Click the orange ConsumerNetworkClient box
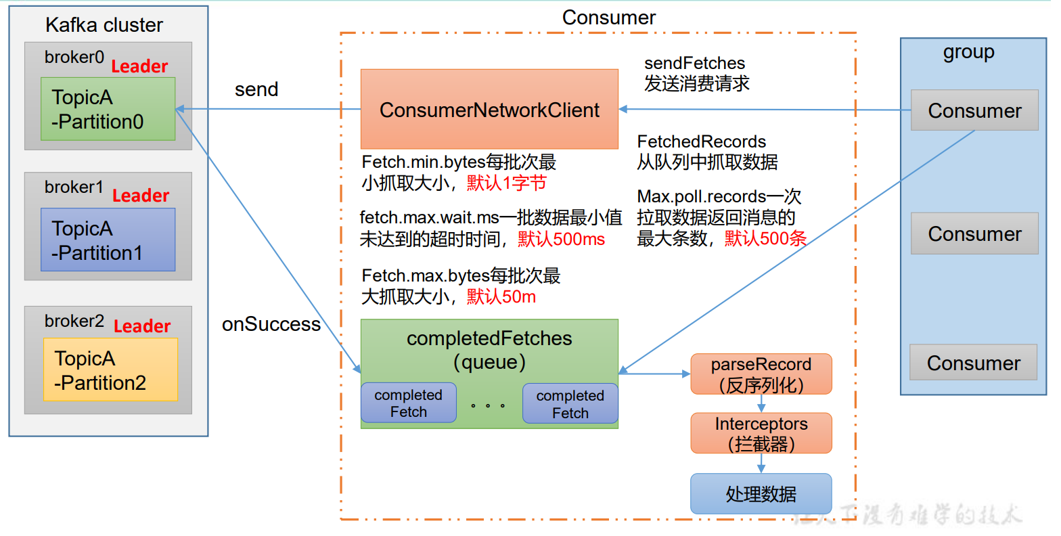(489, 109)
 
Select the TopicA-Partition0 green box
(108, 109)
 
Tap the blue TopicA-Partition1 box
(108, 240)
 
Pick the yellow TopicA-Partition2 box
(110, 370)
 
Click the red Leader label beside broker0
(139, 66)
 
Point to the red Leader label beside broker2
(142, 326)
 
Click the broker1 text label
(74, 187)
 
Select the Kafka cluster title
(104, 25)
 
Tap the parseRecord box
(761, 374)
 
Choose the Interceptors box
(761, 433)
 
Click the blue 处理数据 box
(761, 494)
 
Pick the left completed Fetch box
(408, 403)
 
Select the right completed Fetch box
(570, 404)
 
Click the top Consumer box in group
(974, 110)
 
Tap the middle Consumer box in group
(974, 233)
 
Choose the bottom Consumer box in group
(973, 363)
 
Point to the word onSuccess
(271, 324)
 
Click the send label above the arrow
(256, 89)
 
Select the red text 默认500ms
(562, 239)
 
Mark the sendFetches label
(694, 63)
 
